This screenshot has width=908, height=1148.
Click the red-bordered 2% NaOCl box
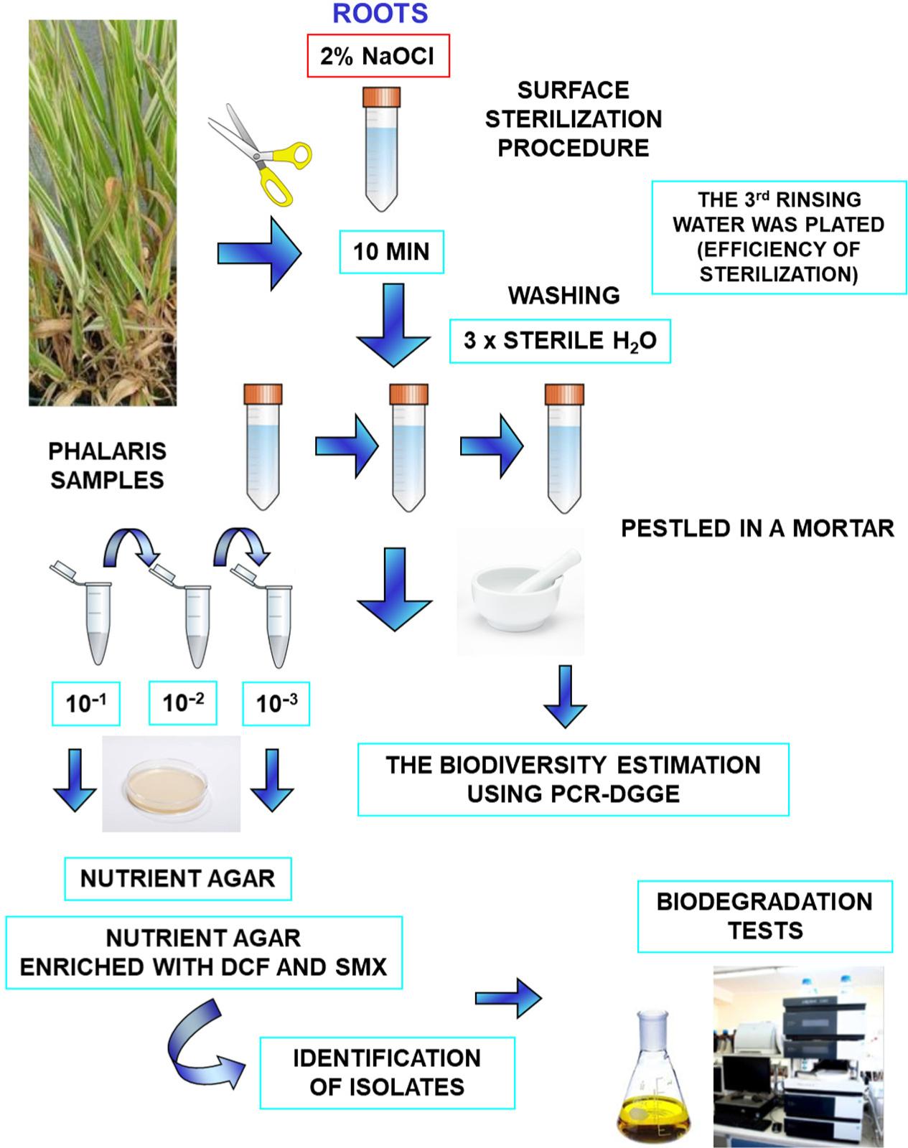(x=378, y=57)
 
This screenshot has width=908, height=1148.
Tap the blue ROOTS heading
(x=380, y=13)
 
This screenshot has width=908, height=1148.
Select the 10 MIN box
(x=391, y=252)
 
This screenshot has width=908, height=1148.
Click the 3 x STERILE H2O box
(x=560, y=341)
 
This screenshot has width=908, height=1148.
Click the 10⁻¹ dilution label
(x=85, y=703)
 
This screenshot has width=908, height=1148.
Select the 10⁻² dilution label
(x=182, y=703)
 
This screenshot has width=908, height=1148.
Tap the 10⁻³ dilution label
(x=276, y=703)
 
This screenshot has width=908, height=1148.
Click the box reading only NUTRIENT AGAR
(x=177, y=878)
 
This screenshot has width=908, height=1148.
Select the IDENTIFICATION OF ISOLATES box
(x=387, y=1073)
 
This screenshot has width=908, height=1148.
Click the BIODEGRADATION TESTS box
(x=764, y=916)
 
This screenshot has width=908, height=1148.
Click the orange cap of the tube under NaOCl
(x=380, y=97)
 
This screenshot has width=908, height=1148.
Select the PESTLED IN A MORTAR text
(x=757, y=529)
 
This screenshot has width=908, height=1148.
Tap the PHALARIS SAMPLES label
(x=107, y=466)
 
